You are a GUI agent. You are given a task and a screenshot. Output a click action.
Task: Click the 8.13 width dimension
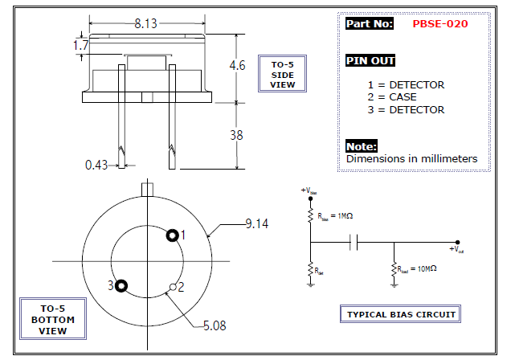pyautogui.click(x=145, y=24)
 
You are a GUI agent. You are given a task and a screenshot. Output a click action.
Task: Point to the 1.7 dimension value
pyautogui.click(x=80, y=47)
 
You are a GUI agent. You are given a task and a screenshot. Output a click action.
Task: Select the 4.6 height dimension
pyautogui.click(x=236, y=66)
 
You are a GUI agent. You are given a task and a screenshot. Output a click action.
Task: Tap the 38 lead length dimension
pyautogui.click(x=236, y=135)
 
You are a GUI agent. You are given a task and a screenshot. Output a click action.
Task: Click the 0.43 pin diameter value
pyautogui.click(x=97, y=165)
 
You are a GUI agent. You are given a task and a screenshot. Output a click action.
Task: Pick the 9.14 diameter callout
pyautogui.click(x=257, y=224)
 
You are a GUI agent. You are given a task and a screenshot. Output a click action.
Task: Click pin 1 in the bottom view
pyautogui.click(x=172, y=235)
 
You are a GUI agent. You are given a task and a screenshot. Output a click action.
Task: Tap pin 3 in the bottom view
pyautogui.click(x=121, y=284)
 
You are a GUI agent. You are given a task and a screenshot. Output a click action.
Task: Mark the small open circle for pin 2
pyautogui.click(x=172, y=286)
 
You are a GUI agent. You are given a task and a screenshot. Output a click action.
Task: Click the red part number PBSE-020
pyautogui.click(x=439, y=24)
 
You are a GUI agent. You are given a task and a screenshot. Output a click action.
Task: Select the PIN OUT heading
pyautogui.click(x=370, y=61)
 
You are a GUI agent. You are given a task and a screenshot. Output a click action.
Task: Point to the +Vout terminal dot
pyautogui.click(x=457, y=242)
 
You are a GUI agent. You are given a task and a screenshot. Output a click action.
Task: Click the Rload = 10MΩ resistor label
pyautogui.click(x=418, y=268)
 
